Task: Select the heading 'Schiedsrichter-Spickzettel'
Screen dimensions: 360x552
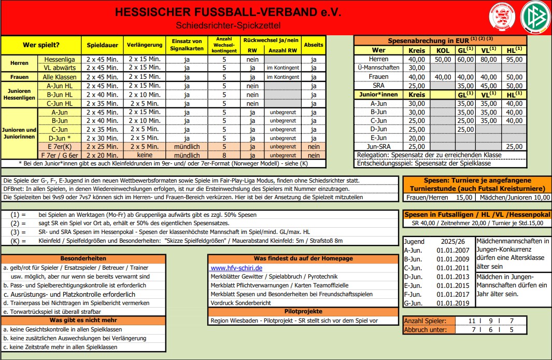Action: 228,25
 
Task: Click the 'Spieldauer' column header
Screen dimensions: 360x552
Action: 103,45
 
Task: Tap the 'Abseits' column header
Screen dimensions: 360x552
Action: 314,45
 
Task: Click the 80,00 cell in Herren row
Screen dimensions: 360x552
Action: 487,59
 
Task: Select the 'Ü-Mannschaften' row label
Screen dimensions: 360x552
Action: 379,68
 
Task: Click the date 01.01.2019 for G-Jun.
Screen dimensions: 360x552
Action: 453,303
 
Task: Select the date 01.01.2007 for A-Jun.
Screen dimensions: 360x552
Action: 453,250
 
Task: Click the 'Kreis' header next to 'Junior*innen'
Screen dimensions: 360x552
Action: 417,94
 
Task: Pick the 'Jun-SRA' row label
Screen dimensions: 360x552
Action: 379,147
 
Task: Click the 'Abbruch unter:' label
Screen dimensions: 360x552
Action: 424,329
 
